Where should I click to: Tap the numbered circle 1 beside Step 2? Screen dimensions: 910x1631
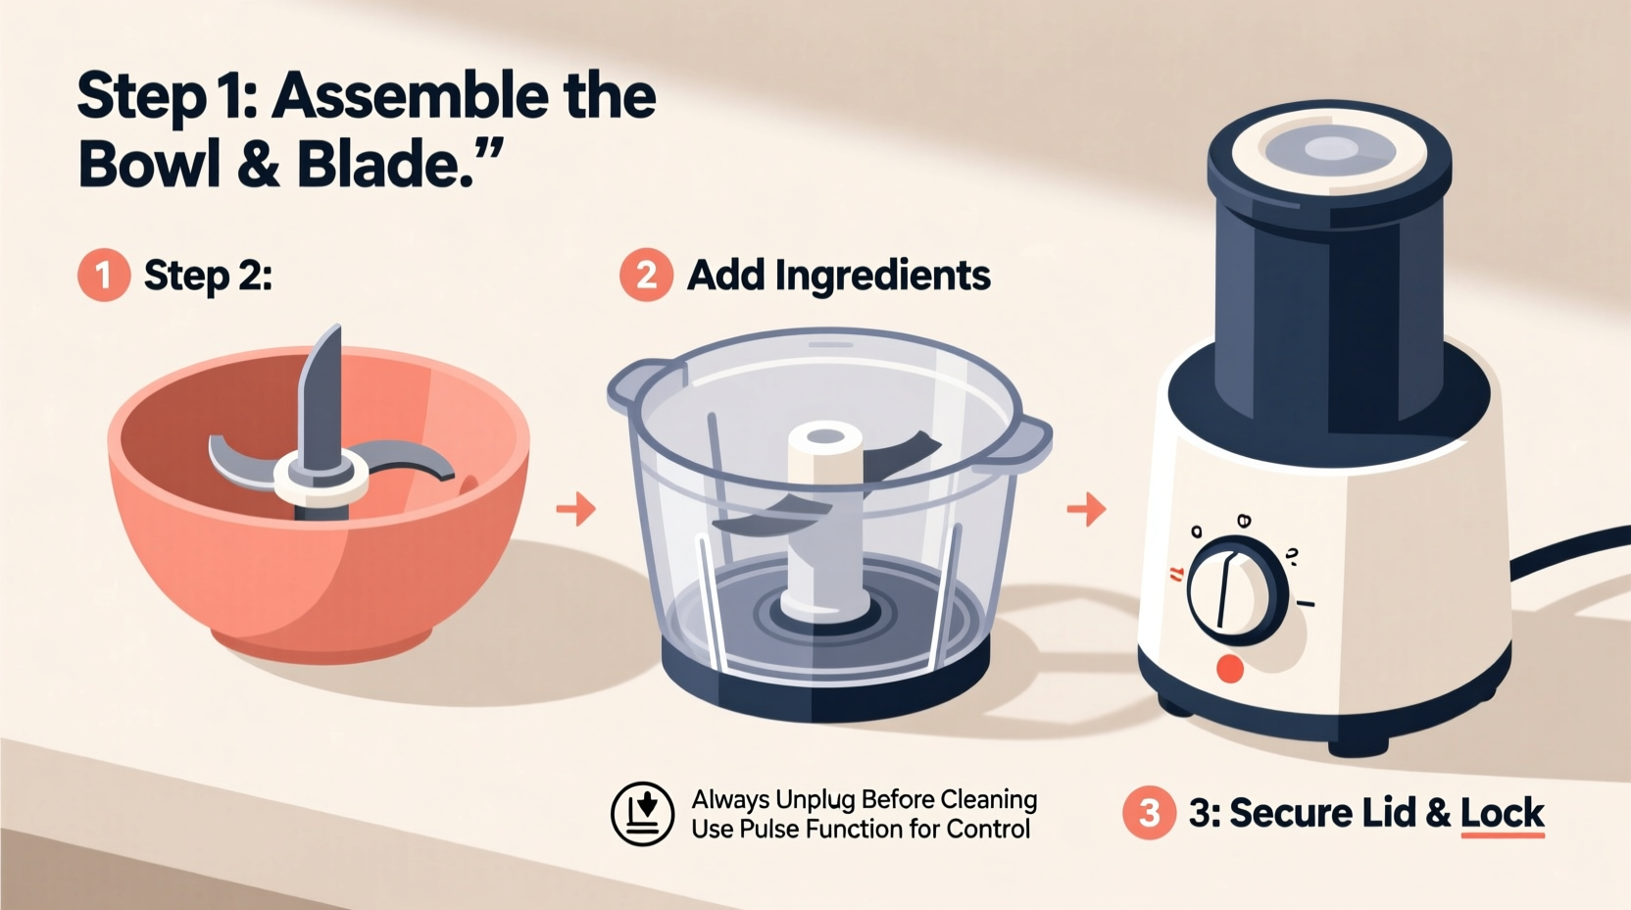[x=104, y=275]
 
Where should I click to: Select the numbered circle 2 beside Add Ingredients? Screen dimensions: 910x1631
[x=646, y=275]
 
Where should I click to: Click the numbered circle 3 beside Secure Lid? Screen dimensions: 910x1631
[x=1149, y=812]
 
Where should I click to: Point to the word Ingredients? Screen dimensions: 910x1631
[x=882, y=276]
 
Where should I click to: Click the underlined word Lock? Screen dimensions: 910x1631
[x=1502, y=813]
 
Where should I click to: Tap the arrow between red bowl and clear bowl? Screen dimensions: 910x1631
[x=576, y=509]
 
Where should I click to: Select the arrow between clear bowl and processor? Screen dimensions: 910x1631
[x=1086, y=509]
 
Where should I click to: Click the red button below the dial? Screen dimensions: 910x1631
[x=1229, y=669]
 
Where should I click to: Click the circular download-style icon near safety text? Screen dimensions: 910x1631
[x=642, y=814]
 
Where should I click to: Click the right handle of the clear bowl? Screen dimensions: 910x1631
[x=1029, y=441]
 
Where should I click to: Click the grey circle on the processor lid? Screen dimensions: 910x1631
[x=1330, y=150]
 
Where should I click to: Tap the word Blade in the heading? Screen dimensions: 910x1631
[x=377, y=165]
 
